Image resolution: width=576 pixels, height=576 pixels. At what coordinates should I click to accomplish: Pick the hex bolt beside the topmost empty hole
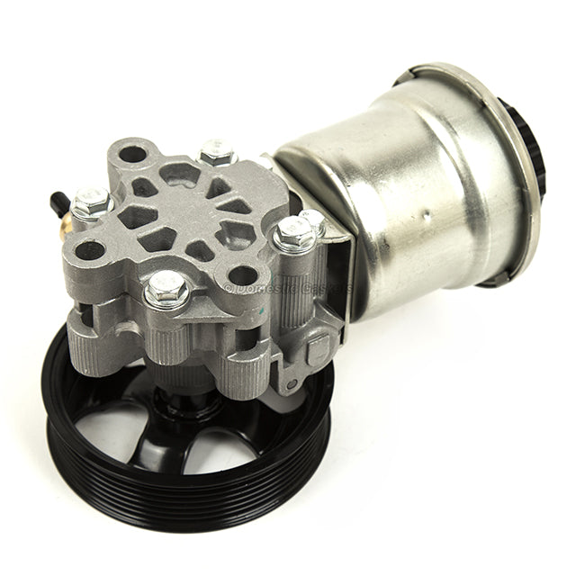point(217,152)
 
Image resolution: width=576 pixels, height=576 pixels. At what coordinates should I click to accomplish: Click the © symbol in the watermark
point(229,288)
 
